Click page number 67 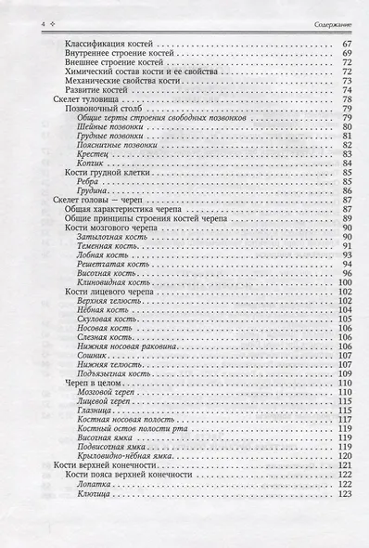click(x=345, y=45)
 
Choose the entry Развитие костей click(x=101, y=90)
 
